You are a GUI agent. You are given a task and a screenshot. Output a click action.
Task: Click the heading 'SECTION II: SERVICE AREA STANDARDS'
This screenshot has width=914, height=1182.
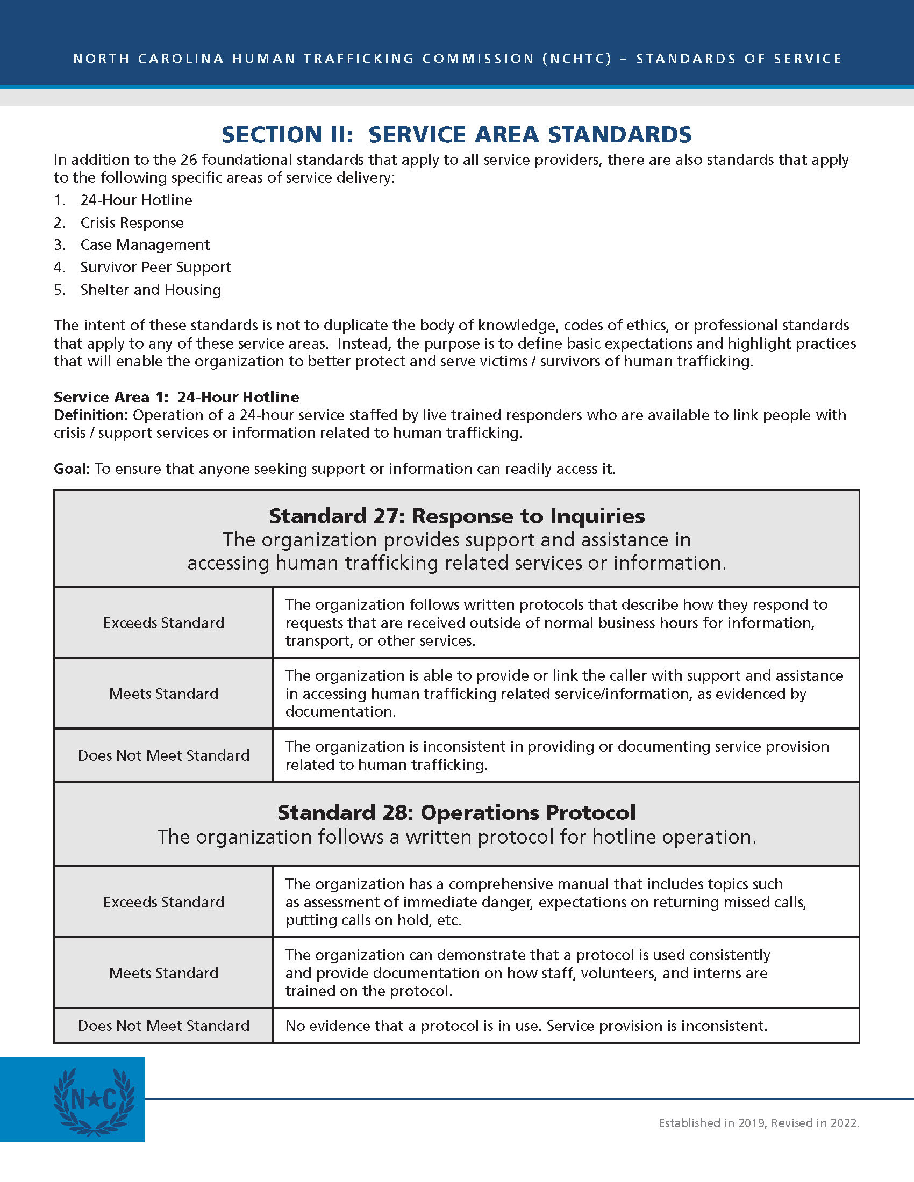456,135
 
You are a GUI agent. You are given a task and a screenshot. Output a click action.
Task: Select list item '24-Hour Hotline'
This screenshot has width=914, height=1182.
136,200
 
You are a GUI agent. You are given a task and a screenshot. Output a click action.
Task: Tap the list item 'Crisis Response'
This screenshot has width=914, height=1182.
132,222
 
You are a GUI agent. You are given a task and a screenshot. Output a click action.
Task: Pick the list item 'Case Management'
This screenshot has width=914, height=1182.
145,244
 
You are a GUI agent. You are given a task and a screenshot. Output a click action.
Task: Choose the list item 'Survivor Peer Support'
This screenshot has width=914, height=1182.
155,268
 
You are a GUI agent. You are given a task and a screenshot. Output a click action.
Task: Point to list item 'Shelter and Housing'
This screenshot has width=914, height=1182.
151,290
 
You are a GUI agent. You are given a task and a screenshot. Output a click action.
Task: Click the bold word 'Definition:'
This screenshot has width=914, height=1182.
91,415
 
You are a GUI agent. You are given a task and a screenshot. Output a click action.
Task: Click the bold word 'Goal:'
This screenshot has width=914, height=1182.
72,469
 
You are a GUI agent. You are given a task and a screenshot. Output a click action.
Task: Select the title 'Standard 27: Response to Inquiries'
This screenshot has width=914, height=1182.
456,516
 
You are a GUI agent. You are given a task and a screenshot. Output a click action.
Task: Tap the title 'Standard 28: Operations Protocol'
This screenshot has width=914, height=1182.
456,813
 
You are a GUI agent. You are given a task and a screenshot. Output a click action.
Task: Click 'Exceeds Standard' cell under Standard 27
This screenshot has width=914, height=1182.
163,623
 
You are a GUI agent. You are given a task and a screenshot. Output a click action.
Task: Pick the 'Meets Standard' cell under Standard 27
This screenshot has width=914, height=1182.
163,694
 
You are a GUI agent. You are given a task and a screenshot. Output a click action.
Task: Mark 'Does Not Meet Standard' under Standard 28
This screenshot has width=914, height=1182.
163,1026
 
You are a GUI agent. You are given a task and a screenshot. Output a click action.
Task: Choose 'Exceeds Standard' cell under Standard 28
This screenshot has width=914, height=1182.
163,902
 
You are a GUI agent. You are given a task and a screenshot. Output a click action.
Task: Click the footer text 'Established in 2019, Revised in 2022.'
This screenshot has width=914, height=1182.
759,1123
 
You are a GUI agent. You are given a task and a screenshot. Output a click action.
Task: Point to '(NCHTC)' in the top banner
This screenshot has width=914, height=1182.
577,59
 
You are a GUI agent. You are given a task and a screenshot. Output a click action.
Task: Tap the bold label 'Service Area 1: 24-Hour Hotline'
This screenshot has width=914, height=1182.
176,397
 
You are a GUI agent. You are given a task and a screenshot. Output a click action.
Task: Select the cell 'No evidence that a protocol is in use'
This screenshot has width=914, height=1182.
526,1026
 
